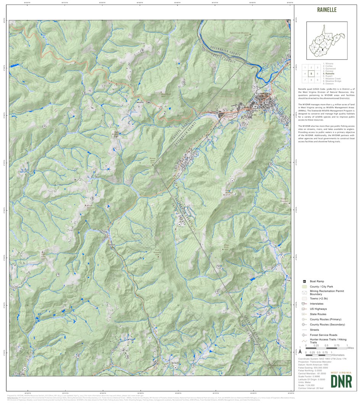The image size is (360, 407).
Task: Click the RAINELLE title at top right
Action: pos(326,10)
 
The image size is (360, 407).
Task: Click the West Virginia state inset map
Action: pos(327,40)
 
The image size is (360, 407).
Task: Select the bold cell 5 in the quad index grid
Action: pos(312,74)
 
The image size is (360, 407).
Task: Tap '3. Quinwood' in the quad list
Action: pos(331,68)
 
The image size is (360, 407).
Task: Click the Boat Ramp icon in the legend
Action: pos(304,281)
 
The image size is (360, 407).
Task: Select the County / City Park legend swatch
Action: pos(304,286)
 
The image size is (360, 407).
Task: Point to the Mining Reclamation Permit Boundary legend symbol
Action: pos(304,292)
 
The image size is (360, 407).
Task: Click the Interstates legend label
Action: pos(317,304)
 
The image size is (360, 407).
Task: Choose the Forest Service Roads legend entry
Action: pos(324,335)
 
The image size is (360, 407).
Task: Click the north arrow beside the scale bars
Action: pos(300,351)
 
